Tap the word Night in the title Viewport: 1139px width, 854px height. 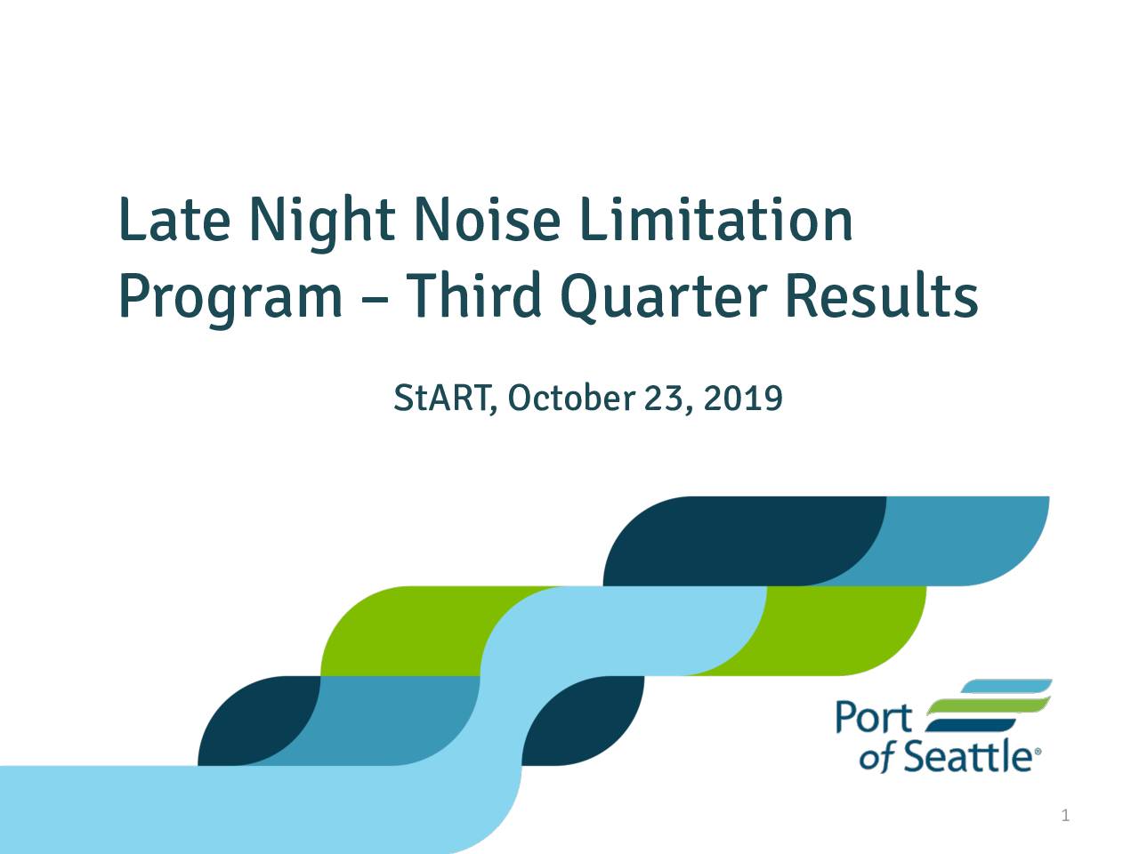click(x=322, y=224)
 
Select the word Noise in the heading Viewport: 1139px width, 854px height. click(x=488, y=220)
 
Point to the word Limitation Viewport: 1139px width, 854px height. click(x=716, y=220)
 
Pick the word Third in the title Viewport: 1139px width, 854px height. click(x=473, y=295)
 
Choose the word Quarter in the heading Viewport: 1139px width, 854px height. click(x=664, y=298)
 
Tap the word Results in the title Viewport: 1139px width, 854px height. click(x=882, y=295)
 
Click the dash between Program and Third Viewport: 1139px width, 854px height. click(x=375, y=300)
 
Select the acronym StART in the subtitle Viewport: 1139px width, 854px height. click(x=444, y=399)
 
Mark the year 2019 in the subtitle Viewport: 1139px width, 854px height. click(x=742, y=399)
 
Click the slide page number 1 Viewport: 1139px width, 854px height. click(x=1065, y=816)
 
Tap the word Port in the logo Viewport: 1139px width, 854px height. click(x=874, y=717)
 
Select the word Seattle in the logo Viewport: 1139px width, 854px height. click(x=968, y=756)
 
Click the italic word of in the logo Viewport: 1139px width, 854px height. click(x=877, y=759)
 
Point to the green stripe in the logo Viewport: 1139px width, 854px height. click(x=989, y=706)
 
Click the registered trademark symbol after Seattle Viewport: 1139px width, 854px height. click(x=1038, y=751)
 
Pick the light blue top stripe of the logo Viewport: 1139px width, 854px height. click(x=1006, y=686)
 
